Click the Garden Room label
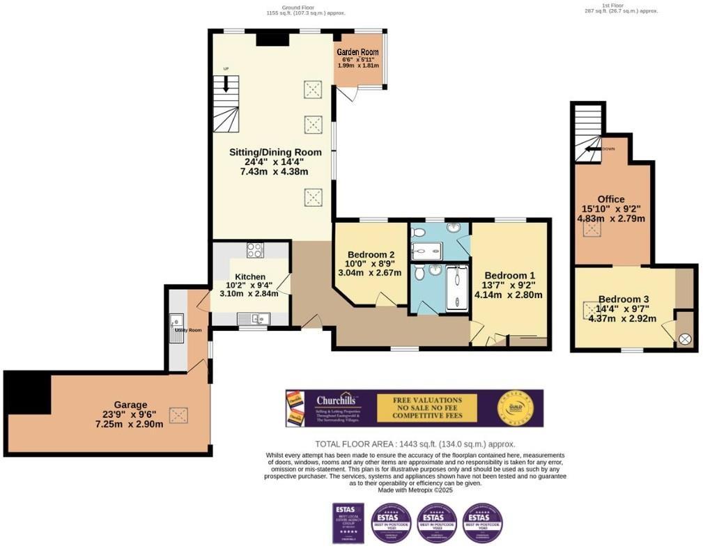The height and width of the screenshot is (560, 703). pyautogui.click(x=357, y=52)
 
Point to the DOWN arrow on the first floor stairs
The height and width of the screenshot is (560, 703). pyautogui.click(x=594, y=148)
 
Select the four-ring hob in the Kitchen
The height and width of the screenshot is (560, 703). pyautogui.click(x=255, y=251)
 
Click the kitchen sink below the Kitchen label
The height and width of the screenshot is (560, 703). pyautogui.click(x=254, y=319)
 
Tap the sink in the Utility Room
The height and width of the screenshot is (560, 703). pyautogui.click(x=177, y=328)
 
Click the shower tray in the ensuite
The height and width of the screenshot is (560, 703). pyautogui.click(x=427, y=251)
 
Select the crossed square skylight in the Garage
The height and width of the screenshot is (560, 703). pyautogui.click(x=179, y=416)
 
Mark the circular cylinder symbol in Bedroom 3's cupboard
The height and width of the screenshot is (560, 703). pyautogui.click(x=685, y=339)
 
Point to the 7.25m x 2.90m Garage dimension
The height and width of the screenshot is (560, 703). pyautogui.click(x=130, y=424)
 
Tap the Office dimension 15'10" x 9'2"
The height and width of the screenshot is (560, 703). pyautogui.click(x=611, y=208)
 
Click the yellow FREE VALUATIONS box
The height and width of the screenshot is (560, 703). pyautogui.click(x=427, y=407)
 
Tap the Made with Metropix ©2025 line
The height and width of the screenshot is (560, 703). pyautogui.click(x=415, y=490)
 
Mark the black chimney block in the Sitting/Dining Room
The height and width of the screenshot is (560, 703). pyautogui.click(x=272, y=38)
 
